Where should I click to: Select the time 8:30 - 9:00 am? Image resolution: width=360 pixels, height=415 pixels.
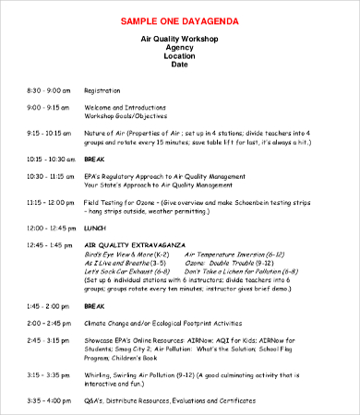point(48,90)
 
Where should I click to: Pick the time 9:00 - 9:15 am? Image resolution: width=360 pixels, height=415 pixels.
point(48,107)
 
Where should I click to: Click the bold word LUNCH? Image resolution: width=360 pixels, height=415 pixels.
point(95,227)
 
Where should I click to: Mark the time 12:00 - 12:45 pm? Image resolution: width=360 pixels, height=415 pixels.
point(50,227)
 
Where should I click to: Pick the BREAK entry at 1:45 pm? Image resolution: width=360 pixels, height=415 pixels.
point(95,305)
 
